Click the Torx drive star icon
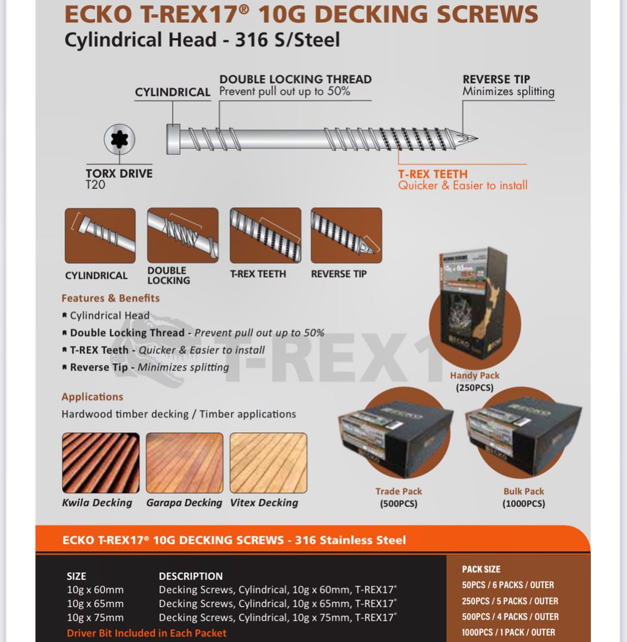click(119, 140)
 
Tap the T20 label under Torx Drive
click(95, 185)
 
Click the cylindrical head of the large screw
click(173, 139)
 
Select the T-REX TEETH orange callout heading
click(433, 174)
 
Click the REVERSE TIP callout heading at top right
click(496, 80)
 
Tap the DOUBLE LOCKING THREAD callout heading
click(295, 80)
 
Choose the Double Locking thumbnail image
click(182, 235)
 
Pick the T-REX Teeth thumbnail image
click(265, 235)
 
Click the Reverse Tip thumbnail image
click(346, 235)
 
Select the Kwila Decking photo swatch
click(100, 463)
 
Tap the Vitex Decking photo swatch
click(268, 463)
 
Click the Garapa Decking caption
click(184, 502)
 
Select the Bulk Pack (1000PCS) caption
click(523, 498)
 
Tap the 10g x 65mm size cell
click(95, 604)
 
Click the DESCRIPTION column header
click(191, 576)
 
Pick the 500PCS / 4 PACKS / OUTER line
click(510, 617)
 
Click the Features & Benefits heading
click(111, 298)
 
